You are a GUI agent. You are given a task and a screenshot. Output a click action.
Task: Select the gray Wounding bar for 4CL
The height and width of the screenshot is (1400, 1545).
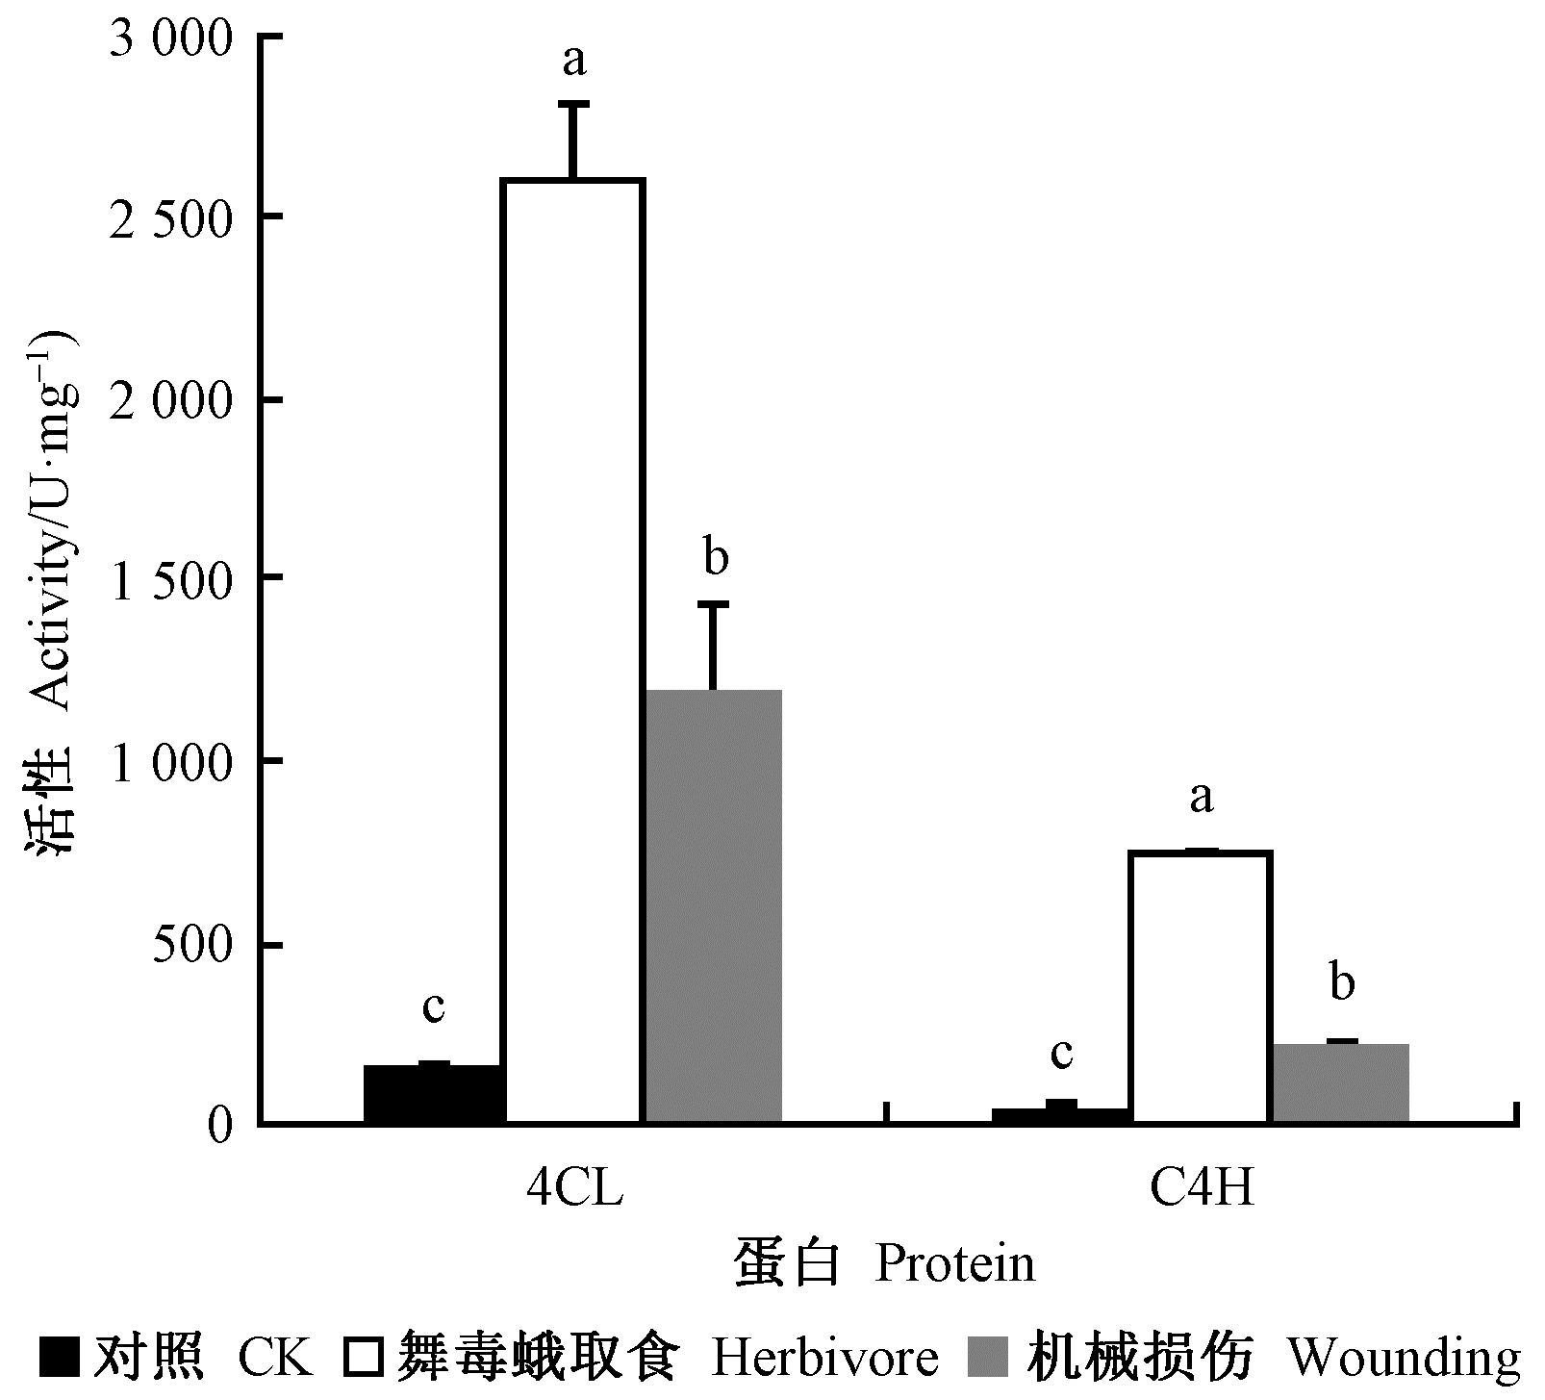[713, 905]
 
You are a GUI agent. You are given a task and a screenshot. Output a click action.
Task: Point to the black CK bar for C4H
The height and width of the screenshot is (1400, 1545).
[1061, 1115]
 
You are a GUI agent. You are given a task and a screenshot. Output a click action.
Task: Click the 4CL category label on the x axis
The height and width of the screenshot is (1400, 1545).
[575, 1190]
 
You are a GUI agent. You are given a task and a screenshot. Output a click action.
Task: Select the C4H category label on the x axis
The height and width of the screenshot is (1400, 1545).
[1203, 1190]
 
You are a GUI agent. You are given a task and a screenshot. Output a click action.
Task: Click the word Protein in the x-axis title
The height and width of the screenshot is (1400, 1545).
[954, 1264]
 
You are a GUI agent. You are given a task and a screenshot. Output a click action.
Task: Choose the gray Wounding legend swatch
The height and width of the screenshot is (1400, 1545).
[995, 1358]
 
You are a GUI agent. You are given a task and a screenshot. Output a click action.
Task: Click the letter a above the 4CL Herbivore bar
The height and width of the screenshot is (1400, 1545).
[574, 62]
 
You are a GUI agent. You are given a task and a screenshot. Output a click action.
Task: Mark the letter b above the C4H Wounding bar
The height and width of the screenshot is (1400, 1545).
[1342, 982]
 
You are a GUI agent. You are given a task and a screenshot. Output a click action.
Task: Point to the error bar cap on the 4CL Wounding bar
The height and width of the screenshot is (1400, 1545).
[713, 604]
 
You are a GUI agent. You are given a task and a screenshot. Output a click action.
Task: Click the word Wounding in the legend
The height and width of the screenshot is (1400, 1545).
[1404, 1358]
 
